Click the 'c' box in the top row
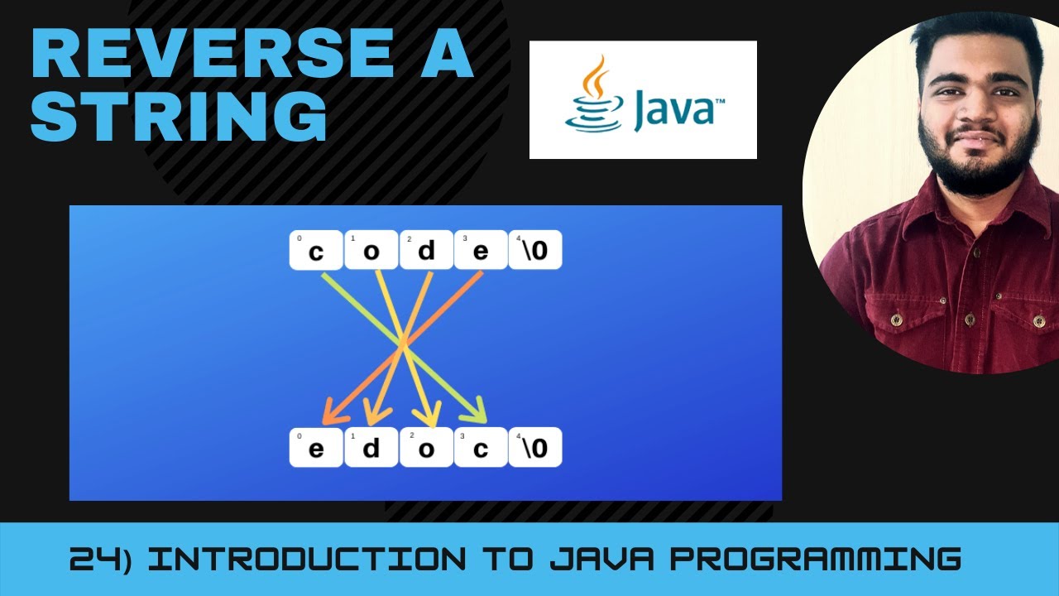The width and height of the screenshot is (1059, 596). [315, 250]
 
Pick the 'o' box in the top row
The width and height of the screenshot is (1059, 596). [371, 250]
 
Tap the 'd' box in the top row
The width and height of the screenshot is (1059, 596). [426, 250]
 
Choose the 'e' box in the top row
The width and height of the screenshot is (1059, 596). [481, 250]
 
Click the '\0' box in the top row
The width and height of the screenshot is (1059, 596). [535, 250]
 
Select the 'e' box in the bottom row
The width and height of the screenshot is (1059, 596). [315, 448]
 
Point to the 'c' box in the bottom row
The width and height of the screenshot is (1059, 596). [481, 448]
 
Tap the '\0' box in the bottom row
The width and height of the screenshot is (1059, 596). [535, 448]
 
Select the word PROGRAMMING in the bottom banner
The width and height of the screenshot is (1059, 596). [815, 560]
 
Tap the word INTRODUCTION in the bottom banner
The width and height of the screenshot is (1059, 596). [310, 560]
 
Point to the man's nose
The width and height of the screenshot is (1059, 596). [979, 113]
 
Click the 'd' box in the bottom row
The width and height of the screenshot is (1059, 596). [371, 448]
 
